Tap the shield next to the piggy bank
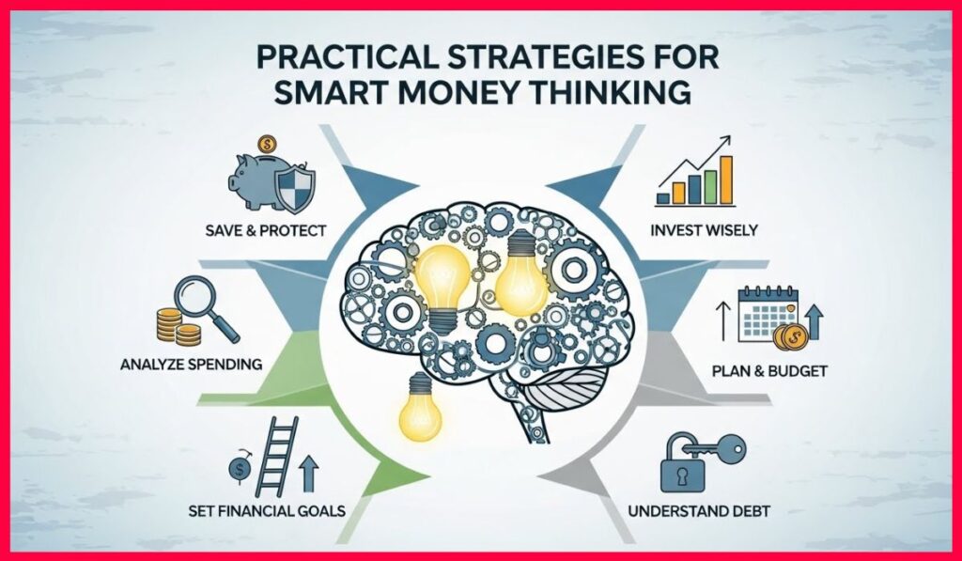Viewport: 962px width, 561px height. [x=300, y=187]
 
